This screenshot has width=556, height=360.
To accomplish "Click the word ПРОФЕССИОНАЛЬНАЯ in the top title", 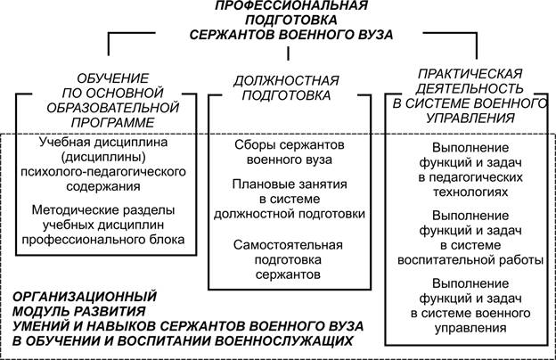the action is point(291,5).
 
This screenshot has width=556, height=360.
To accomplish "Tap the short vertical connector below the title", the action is point(288,53).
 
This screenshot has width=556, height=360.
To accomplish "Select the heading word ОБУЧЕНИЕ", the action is point(113,78).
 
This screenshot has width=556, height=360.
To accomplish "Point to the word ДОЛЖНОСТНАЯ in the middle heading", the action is point(286,81).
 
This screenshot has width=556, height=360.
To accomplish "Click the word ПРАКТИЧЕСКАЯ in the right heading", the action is point(470,74).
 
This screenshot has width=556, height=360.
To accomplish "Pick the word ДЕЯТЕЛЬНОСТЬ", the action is point(470,88).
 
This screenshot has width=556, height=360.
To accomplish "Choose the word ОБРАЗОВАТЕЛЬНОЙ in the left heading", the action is point(113,108).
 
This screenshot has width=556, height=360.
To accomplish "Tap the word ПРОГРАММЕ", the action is point(113,123).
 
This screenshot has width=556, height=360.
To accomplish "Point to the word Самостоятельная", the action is point(288,245).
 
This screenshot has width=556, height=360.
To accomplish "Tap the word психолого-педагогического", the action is point(103,172).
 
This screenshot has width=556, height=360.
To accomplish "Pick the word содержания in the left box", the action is point(103,186).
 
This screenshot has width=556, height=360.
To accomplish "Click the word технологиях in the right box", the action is point(470,192).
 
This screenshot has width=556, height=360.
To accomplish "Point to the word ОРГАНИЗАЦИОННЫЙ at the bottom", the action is point(85,297).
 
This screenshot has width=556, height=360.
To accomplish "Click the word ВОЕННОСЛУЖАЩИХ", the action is point(284,341).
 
